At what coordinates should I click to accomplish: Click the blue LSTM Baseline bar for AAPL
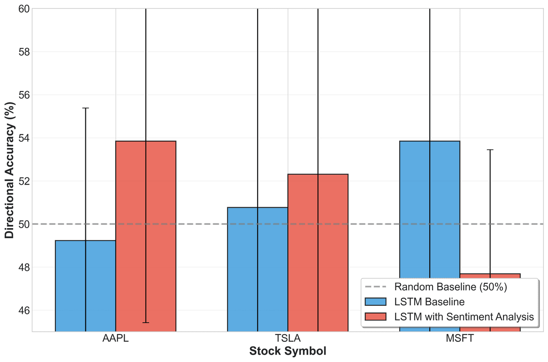(x=85, y=286)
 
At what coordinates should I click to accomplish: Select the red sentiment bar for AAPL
(x=146, y=236)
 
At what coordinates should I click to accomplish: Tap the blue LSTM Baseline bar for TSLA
(x=258, y=269)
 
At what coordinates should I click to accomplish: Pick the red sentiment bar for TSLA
(x=318, y=253)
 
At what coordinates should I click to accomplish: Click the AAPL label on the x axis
(x=116, y=338)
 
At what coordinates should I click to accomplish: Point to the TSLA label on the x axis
(x=288, y=338)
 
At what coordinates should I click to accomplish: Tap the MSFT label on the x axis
(x=460, y=338)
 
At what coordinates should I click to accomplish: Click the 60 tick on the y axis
(x=24, y=9)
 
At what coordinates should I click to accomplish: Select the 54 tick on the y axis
(x=24, y=138)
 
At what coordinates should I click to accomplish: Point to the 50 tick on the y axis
(x=24, y=224)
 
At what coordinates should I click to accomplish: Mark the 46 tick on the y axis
(x=24, y=310)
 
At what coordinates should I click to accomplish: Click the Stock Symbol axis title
(x=288, y=351)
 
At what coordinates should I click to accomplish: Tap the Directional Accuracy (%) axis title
(x=10, y=170)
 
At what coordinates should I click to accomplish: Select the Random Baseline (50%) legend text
(x=451, y=287)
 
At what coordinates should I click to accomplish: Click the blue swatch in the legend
(x=375, y=302)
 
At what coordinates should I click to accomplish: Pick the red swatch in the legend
(x=375, y=316)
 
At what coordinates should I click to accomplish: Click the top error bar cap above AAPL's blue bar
(x=85, y=108)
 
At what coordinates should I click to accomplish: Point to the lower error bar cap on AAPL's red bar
(x=146, y=323)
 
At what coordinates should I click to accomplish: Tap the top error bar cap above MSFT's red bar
(x=490, y=149)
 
